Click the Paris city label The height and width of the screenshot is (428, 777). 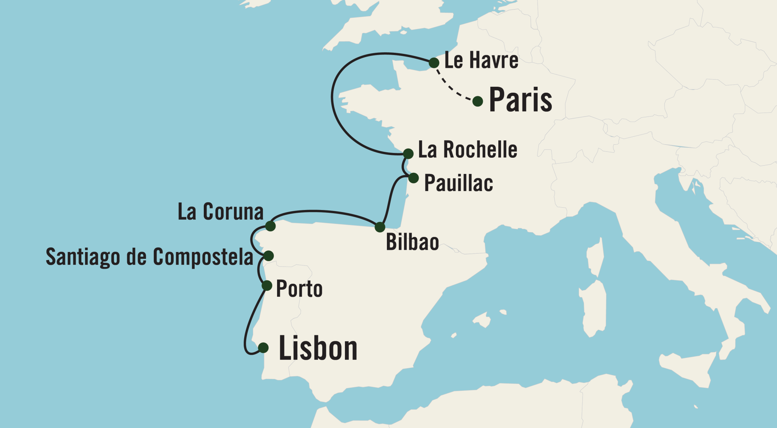[520, 100]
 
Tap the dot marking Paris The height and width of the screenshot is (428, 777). [478, 101]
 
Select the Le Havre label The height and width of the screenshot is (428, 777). [481, 61]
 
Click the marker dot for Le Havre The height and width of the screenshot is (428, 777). [434, 63]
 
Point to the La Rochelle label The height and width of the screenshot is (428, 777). [468, 150]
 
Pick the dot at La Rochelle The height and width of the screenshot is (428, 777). [408, 154]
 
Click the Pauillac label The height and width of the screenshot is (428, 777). [459, 183]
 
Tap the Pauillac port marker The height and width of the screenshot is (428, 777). [413, 178]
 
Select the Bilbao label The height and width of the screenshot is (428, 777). [412, 242]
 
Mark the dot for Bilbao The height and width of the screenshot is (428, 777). [380, 227]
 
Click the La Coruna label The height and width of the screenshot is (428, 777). [220, 212]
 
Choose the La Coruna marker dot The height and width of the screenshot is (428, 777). [270, 226]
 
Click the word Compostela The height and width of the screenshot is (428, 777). [203, 257]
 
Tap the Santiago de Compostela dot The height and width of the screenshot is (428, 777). [269, 256]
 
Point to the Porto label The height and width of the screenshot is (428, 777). [299, 289]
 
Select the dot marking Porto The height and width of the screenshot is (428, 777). [267, 285]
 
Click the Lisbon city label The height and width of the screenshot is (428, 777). [318, 348]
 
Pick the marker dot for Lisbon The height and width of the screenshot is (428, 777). [263, 348]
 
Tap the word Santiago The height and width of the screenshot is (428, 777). [83, 257]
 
